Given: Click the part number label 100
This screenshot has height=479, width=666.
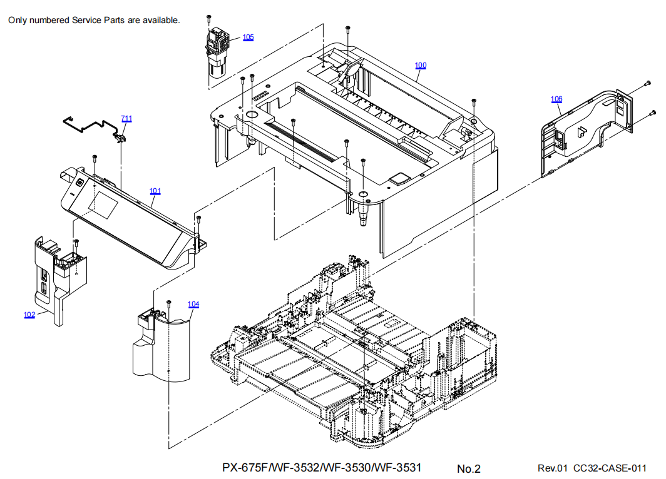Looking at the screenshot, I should (x=421, y=65).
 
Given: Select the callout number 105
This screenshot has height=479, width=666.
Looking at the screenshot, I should (x=248, y=37).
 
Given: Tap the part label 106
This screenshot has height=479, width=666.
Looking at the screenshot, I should (x=556, y=99).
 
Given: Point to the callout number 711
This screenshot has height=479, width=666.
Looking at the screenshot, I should (x=127, y=118).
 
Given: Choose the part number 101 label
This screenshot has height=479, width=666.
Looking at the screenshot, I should (x=155, y=191).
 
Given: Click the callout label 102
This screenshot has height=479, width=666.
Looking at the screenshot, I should (x=29, y=315).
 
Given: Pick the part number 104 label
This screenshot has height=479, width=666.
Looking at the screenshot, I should (x=193, y=304).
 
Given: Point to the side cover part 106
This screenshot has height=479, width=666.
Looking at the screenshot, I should (x=582, y=131).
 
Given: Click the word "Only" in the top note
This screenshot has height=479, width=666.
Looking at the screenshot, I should (x=18, y=21).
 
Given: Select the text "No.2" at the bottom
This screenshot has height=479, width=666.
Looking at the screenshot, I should (x=469, y=468).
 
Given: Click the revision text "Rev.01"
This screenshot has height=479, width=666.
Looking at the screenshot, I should (x=552, y=468).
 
